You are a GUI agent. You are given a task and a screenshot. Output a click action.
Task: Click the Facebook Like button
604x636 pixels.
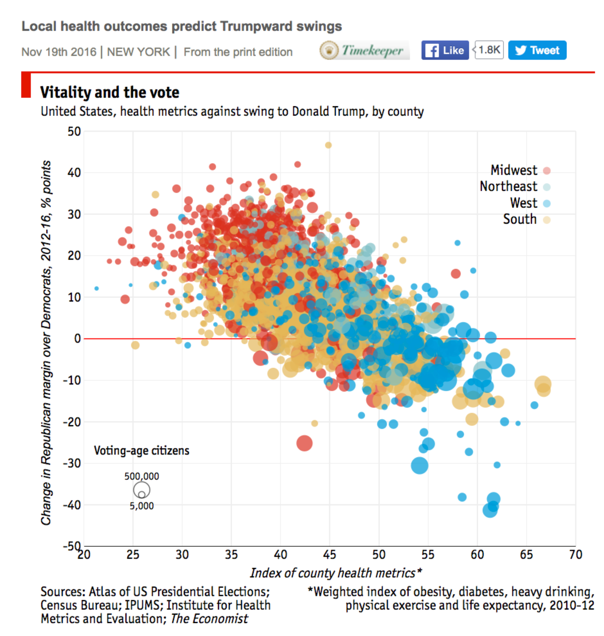pyautogui.click(x=445, y=50)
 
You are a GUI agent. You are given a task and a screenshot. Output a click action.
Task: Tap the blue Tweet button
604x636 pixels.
pyautogui.click(x=537, y=50)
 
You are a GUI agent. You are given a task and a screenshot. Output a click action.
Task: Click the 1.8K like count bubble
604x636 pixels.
pyautogui.click(x=489, y=50)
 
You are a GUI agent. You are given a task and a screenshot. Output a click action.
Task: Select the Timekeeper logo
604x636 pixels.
pyautogui.click(x=364, y=50)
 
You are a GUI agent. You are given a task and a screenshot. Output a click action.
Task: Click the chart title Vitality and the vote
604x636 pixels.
pyautogui.click(x=109, y=92)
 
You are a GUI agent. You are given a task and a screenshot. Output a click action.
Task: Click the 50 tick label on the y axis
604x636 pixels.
pyautogui.click(x=74, y=131)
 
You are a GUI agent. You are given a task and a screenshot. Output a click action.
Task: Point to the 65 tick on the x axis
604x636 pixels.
pyautogui.click(x=527, y=555)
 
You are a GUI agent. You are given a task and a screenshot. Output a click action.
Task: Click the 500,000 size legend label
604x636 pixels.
pyautogui.click(x=142, y=476)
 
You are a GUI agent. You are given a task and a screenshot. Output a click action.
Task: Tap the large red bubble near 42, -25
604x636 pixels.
pyautogui.click(x=304, y=443)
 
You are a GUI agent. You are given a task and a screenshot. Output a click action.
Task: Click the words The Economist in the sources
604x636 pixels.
pyautogui.click(x=209, y=619)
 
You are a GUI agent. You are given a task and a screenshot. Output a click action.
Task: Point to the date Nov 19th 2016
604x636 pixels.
pyautogui.click(x=59, y=52)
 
